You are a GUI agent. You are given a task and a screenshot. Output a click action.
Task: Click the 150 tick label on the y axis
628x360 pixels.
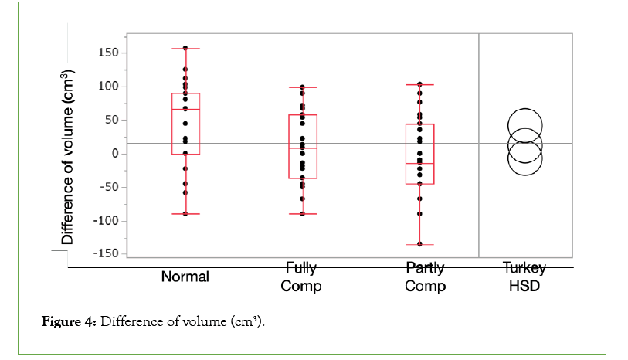[x=107, y=53]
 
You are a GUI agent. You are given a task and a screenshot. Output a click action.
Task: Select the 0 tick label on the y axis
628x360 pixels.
[x=114, y=154]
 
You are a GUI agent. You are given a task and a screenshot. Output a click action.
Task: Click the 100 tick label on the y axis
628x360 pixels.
[x=107, y=87]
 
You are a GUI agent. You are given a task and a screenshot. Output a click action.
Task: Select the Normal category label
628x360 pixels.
[x=185, y=277]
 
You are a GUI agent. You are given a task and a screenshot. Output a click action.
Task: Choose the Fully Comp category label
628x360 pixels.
[x=301, y=277]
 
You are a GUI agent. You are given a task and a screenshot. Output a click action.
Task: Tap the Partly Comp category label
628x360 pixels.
[x=425, y=277]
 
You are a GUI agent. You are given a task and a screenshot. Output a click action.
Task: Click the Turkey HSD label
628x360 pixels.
[x=525, y=277]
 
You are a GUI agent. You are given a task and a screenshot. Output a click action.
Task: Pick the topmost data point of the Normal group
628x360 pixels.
[x=185, y=48]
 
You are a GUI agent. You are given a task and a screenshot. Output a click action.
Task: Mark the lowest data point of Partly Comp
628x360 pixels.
[x=419, y=244]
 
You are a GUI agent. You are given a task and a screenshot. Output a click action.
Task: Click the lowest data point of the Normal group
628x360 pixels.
[x=185, y=214]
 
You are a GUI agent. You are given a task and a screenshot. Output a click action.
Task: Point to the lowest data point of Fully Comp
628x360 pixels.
[x=302, y=214]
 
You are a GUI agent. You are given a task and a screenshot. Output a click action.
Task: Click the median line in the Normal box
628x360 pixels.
[x=185, y=110]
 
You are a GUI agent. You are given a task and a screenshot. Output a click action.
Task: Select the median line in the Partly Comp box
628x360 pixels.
[x=419, y=164]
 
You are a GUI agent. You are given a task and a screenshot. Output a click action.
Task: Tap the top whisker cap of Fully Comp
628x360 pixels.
[x=302, y=87]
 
